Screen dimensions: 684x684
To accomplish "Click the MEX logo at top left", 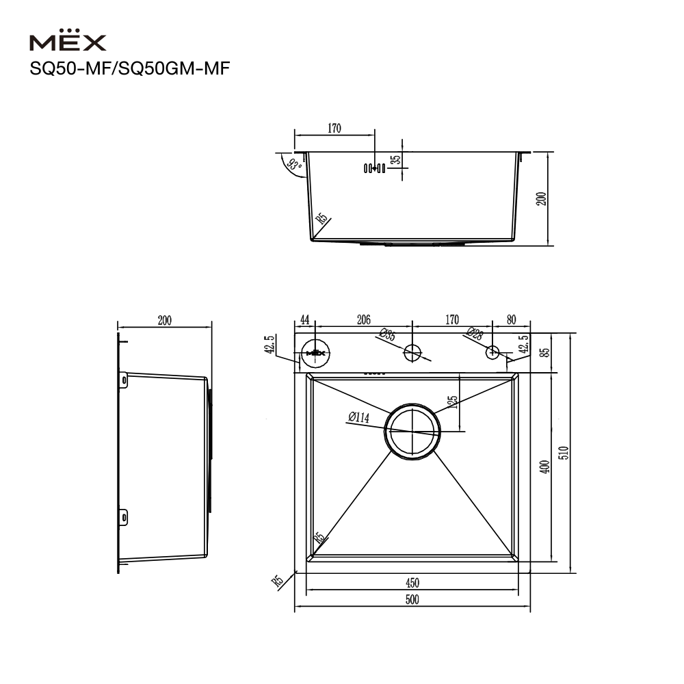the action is [x=68, y=40].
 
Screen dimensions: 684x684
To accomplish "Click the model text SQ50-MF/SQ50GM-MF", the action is [x=129, y=68].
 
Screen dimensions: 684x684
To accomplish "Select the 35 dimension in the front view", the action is [x=395, y=159].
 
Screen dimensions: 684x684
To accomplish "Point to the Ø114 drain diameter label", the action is [x=359, y=417].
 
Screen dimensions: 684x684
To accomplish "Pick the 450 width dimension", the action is [x=412, y=583].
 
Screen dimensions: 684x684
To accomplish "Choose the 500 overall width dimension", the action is [x=412, y=599].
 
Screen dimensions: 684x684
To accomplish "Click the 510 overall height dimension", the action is [x=564, y=452].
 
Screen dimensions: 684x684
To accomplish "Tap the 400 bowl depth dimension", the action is [x=545, y=466].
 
